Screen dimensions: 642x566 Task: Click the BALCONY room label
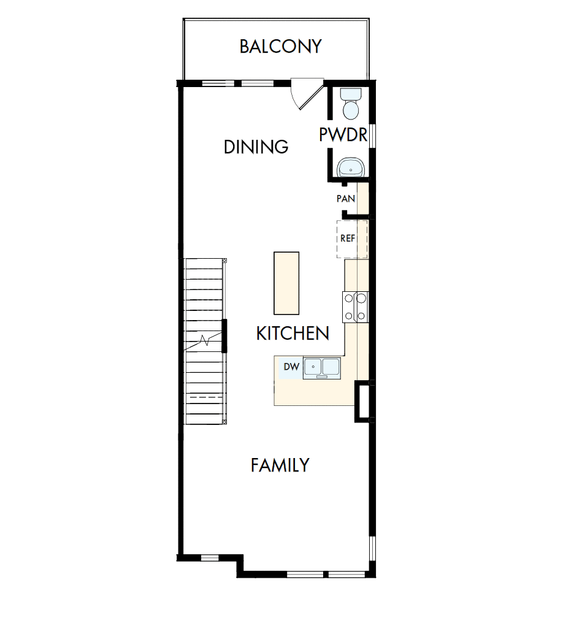click(x=280, y=47)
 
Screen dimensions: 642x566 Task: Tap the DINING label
click(x=256, y=147)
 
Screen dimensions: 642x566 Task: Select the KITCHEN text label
click(x=293, y=334)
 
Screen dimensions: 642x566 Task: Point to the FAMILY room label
click(x=280, y=465)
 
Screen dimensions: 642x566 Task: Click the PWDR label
click(x=343, y=135)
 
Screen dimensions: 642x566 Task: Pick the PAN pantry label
click(x=346, y=199)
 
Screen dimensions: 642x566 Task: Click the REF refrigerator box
click(x=352, y=239)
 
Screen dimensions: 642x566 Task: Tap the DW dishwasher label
click(x=291, y=367)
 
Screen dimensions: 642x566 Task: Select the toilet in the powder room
click(x=351, y=104)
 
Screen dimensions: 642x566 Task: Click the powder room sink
click(x=351, y=167)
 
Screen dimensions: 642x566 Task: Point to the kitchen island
click(x=286, y=283)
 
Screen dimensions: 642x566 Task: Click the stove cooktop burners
click(x=355, y=307)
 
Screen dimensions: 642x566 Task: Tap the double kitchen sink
click(x=322, y=367)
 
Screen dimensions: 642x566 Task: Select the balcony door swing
click(x=306, y=94)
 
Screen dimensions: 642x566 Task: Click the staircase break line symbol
click(x=205, y=339)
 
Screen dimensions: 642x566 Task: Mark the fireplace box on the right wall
click(x=362, y=402)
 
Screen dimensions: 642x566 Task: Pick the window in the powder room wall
click(x=372, y=134)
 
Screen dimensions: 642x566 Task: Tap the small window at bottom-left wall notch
click(x=210, y=557)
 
